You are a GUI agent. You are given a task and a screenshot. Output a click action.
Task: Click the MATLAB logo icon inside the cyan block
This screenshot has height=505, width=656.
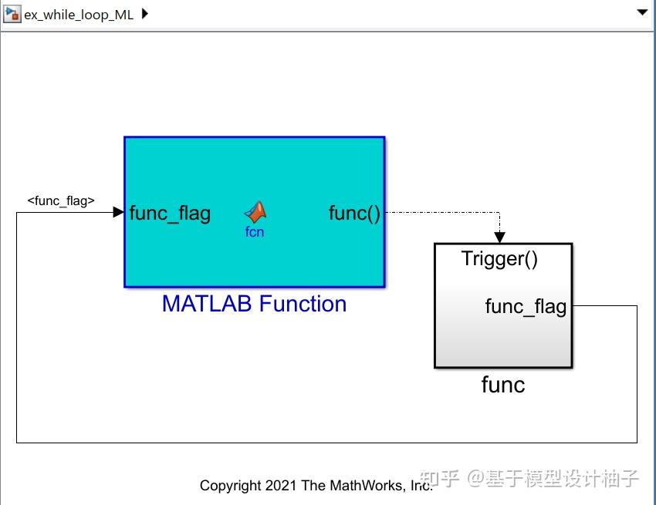coord(255,212)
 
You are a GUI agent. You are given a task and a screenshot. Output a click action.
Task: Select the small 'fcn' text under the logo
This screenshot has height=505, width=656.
coord(255,232)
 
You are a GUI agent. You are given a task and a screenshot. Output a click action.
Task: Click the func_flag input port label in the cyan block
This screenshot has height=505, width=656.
coord(170,214)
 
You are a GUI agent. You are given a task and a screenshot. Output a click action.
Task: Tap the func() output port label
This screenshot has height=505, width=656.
coord(354,214)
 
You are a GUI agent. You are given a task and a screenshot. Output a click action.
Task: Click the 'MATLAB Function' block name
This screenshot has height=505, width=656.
coord(254,304)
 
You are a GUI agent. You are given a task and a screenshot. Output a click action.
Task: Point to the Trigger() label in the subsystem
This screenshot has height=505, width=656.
coord(499,259)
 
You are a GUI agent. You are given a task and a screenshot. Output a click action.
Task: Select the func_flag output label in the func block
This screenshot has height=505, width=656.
coord(526,307)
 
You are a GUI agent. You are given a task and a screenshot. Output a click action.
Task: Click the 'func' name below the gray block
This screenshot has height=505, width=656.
coord(503,385)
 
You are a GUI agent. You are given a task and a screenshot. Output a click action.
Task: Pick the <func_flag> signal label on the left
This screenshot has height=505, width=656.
coord(61,201)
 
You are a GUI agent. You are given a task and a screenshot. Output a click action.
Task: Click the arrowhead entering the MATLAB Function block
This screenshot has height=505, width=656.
coord(119,212)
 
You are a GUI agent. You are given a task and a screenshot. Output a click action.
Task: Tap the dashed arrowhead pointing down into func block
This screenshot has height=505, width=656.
coord(499,238)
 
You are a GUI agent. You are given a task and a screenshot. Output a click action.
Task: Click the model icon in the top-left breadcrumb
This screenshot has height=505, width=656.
coord(12,15)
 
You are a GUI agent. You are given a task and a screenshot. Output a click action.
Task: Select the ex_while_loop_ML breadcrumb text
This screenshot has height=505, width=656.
coord(79,15)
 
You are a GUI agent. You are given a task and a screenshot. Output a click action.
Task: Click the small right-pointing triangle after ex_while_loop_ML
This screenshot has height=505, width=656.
coord(145,15)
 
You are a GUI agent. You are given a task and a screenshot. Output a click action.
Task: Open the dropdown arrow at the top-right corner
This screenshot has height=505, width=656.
coord(641,12)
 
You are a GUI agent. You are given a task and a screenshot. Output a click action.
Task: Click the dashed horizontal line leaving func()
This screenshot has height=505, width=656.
coord(440,212)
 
